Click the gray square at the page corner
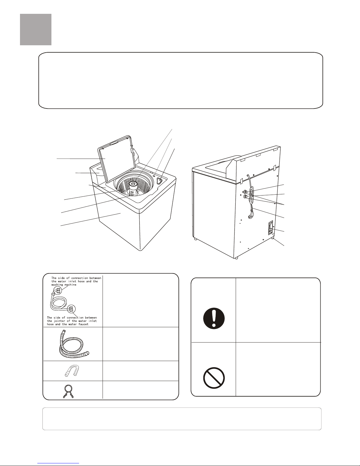pyautogui.click(x=36, y=30)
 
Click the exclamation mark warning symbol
pyautogui.click(x=214, y=318)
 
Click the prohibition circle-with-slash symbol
pyautogui.click(x=214, y=378)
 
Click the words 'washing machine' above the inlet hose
pyautogui.click(x=64, y=285)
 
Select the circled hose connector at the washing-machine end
pyautogui.click(x=58, y=290)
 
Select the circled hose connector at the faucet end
pyautogui.click(x=72, y=309)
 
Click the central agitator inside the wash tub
pyautogui.click(x=133, y=188)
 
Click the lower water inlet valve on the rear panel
pyautogui.click(x=246, y=196)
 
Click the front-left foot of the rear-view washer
pyautogui.click(x=195, y=239)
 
